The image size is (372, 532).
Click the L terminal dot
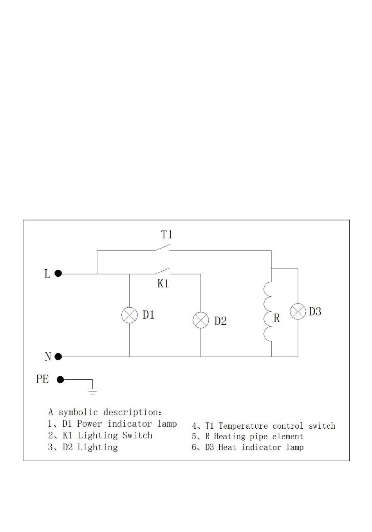58,273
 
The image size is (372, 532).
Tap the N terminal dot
58,357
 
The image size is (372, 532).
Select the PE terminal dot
60,380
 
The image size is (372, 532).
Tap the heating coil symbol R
264,312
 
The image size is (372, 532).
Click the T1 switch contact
163,247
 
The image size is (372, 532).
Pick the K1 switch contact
163,271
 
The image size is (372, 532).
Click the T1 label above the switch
167,234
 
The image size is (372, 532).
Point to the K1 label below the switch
163,283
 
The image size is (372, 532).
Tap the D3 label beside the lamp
315,311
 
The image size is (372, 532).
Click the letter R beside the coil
277,318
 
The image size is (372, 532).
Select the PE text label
43,379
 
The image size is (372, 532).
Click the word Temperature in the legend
244,426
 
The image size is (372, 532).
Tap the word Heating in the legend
229,436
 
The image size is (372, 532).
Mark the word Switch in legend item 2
137,435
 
